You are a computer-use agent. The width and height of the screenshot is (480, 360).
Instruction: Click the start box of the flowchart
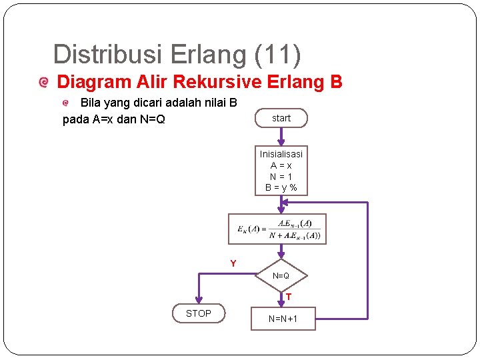click(x=281, y=118)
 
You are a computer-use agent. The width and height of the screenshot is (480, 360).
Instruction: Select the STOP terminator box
click(x=199, y=313)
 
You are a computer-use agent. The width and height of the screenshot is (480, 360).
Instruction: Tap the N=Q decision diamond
click(x=281, y=276)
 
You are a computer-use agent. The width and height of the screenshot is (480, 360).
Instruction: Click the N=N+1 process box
click(x=283, y=319)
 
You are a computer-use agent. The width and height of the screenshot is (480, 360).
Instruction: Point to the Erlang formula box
click(x=277, y=229)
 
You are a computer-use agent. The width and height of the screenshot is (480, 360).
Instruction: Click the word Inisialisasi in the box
click(x=281, y=154)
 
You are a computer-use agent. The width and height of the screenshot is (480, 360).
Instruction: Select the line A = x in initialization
click(x=281, y=165)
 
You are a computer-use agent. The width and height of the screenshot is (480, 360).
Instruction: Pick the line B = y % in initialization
click(x=281, y=188)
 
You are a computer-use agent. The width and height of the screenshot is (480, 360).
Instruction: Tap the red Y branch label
click(x=233, y=264)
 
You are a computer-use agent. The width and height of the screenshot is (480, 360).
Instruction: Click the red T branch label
click(x=289, y=297)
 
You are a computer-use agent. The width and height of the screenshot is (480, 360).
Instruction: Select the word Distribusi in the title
click(x=108, y=55)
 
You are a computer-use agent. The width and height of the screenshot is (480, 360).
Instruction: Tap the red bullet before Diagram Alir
click(x=44, y=83)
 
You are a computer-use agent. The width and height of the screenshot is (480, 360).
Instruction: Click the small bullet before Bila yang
click(x=66, y=103)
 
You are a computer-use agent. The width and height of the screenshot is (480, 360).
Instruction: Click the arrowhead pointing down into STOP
click(x=198, y=301)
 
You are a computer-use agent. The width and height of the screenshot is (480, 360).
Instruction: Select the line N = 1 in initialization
click(x=281, y=177)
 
